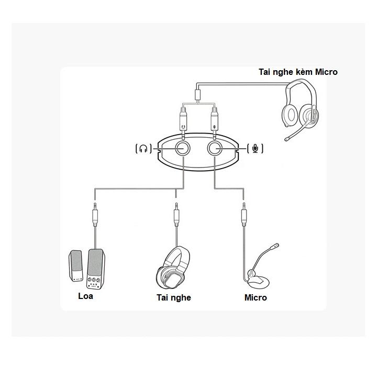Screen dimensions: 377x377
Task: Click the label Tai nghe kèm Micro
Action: coord(298,72)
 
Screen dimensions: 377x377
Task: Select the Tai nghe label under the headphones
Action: coord(173,297)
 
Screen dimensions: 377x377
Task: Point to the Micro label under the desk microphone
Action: coord(256,297)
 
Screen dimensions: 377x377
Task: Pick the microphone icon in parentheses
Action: coord(255,149)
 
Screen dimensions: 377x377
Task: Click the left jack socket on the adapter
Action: coord(183,148)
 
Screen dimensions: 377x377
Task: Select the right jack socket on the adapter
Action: coord(215,148)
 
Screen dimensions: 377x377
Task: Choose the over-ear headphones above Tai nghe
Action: coord(174,267)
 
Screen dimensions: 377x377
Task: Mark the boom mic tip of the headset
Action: coord(288,139)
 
